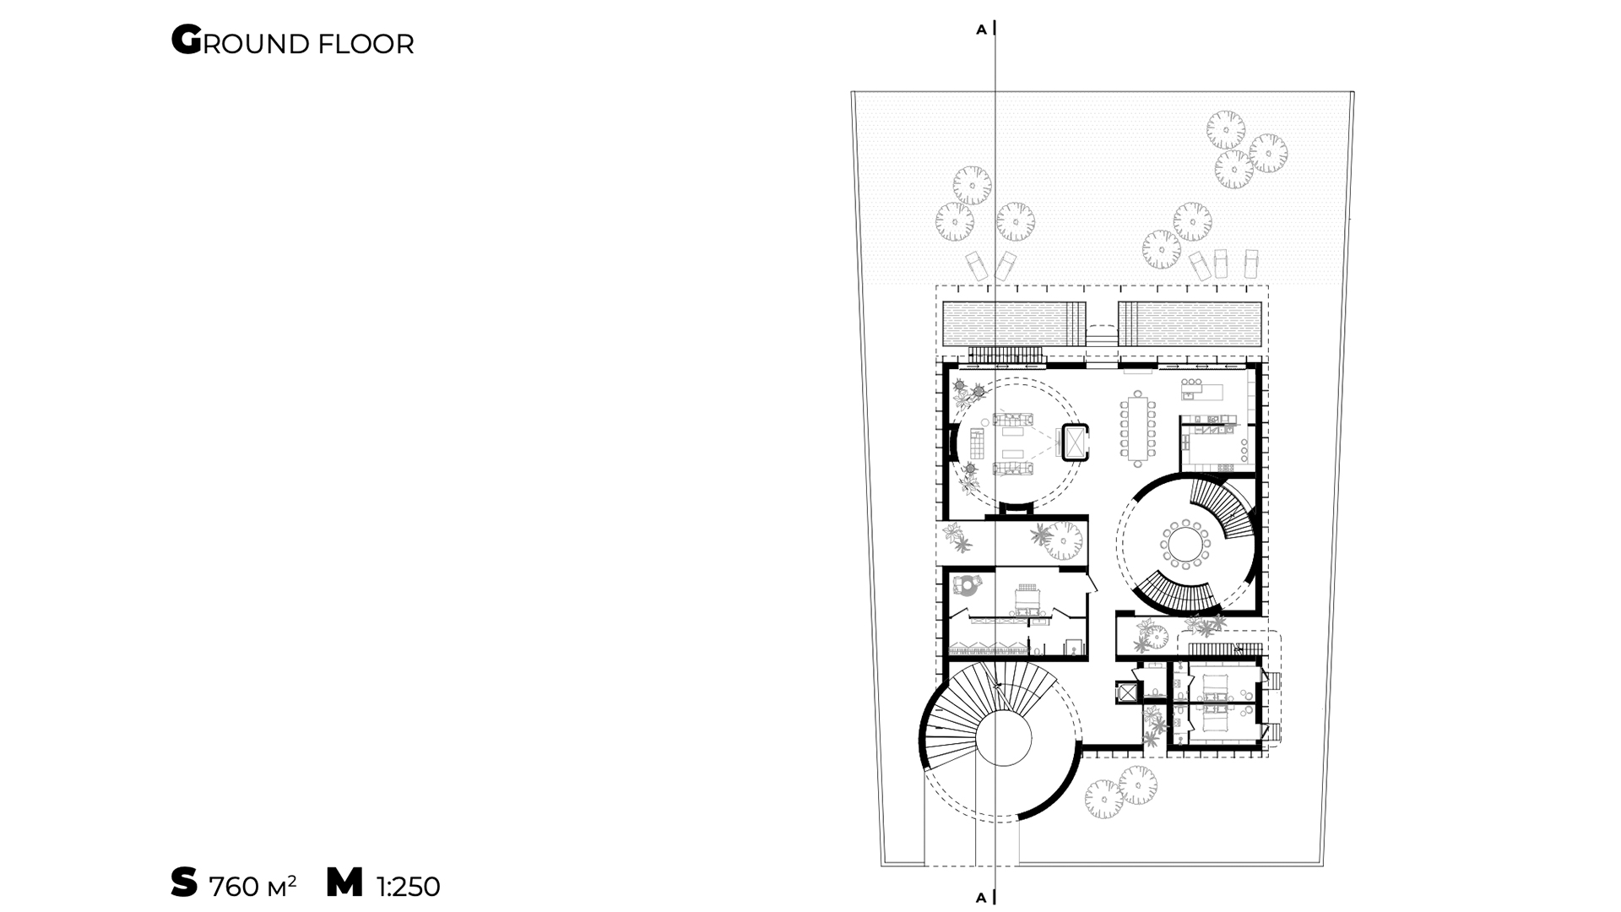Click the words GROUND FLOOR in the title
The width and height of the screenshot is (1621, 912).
pyautogui.click(x=292, y=41)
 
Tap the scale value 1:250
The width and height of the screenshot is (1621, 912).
pyautogui.click(x=409, y=887)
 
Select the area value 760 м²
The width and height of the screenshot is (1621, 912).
pyautogui.click(x=252, y=886)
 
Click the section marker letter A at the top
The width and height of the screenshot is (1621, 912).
pyautogui.click(x=981, y=30)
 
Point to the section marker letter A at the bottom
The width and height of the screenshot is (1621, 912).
pyautogui.click(x=981, y=898)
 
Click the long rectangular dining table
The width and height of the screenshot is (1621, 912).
pyautogui.click(x=1137, y=428)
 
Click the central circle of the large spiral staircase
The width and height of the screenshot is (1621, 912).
pyautogui.click(x=1003, y=737)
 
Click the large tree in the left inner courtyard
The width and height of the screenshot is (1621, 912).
pyautogui.click(x=1063, y=541)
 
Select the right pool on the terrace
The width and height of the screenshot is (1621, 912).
pyautogui.click(x=1190, y=323)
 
